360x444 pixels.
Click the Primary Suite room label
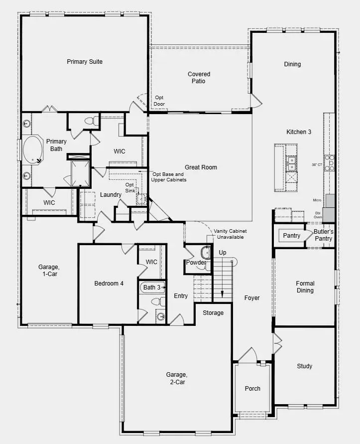tap(85, 62)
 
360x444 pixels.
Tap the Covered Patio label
tap(199, 78)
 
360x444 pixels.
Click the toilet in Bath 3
tap(156, 301)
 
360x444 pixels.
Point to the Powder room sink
tap(205, 252)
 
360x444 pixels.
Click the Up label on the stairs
tap(223, 253)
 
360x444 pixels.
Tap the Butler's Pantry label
tap(323, 235)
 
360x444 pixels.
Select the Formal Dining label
tap(305, 287)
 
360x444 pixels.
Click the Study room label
tap(304, 366)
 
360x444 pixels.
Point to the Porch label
tap(252, 389)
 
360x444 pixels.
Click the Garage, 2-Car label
tap(177, 378)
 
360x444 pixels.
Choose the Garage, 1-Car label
tap(48, 270)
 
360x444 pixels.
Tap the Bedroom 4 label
tap(109, 284)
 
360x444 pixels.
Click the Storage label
tap(213, 313)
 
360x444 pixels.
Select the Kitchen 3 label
tap(299, 132)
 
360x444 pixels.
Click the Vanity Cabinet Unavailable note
tap(230, 235)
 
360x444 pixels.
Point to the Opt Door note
tap(159, 101)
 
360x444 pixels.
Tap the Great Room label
tap(201, 167)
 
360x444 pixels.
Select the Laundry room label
tap(111, 194)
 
